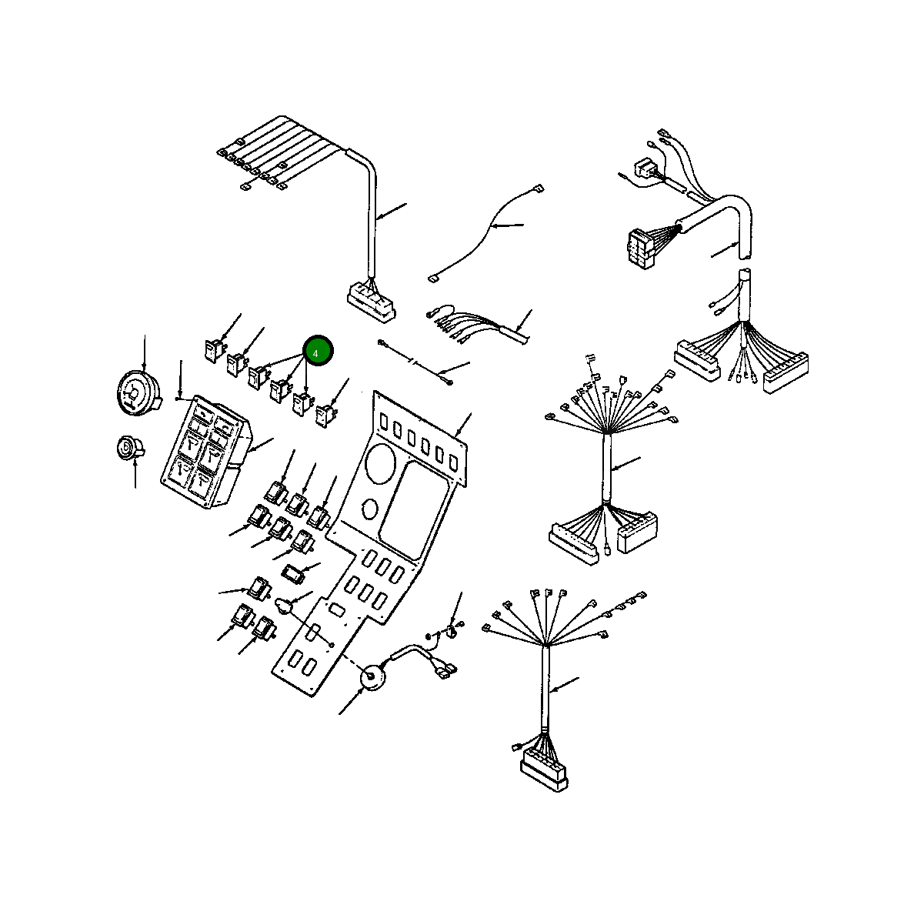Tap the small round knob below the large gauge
coord(125,448)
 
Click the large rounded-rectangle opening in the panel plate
coord(413,509)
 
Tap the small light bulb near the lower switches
coord(285,606)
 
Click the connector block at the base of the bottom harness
coord(544,769)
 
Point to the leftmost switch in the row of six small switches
coord(213,350)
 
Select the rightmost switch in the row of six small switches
coord(325,416)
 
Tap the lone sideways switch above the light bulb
coord(295,573)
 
